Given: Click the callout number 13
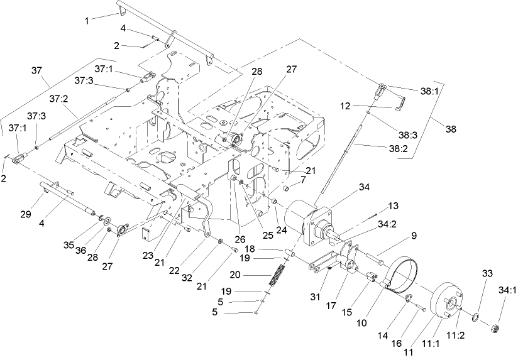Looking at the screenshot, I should tap(393, 205).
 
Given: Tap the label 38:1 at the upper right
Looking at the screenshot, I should tap(429, 91).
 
